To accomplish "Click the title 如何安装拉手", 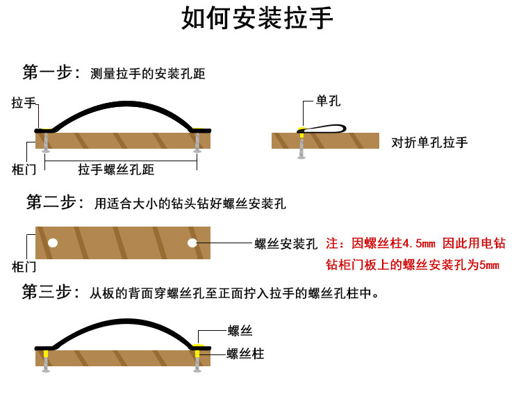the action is click(258, 19).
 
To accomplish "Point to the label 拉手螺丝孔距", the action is click(116, 170).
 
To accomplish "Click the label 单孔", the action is click(328, 101).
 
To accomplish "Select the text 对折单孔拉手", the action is click(429, 142).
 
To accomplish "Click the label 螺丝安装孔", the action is click(286, 244).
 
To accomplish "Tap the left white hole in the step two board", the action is click(52, 243).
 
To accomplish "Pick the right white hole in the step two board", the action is click(192, 243).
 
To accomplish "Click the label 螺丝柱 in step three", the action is click(245, 354).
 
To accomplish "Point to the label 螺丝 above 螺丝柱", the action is click(240, 332).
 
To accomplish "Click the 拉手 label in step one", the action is click(24, 103).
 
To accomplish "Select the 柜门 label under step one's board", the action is click(24, 169).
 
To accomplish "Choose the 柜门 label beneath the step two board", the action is click(24, 265).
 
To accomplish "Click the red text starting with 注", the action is click(415, 244).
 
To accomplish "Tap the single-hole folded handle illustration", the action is click(322, 129).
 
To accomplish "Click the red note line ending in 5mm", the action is click(413, 265).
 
